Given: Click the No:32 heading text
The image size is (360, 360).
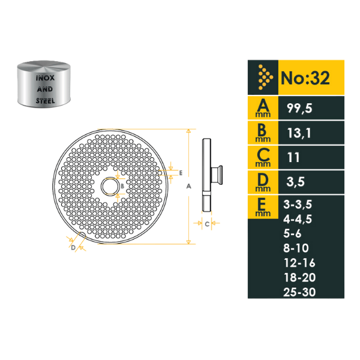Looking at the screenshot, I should tap(304, 78).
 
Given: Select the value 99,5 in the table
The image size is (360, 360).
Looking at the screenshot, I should tap(299, 109).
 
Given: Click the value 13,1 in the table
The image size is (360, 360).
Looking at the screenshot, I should tap(299, 134).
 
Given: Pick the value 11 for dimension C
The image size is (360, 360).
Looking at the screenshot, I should tap(294, 158).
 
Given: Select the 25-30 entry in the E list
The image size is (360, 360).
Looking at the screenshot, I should tap(299, 292).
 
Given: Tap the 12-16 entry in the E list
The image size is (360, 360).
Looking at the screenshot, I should tap(299, 263).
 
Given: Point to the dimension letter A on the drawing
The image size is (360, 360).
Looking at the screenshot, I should tap(188, 186).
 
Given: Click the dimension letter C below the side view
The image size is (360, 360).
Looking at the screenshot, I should tap(206, 224).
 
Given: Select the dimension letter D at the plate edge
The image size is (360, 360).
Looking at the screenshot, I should tap(72, 247).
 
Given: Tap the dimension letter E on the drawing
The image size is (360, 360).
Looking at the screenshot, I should tap(181, 172).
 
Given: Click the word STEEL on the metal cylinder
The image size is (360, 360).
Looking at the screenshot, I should tap(46, 101).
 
